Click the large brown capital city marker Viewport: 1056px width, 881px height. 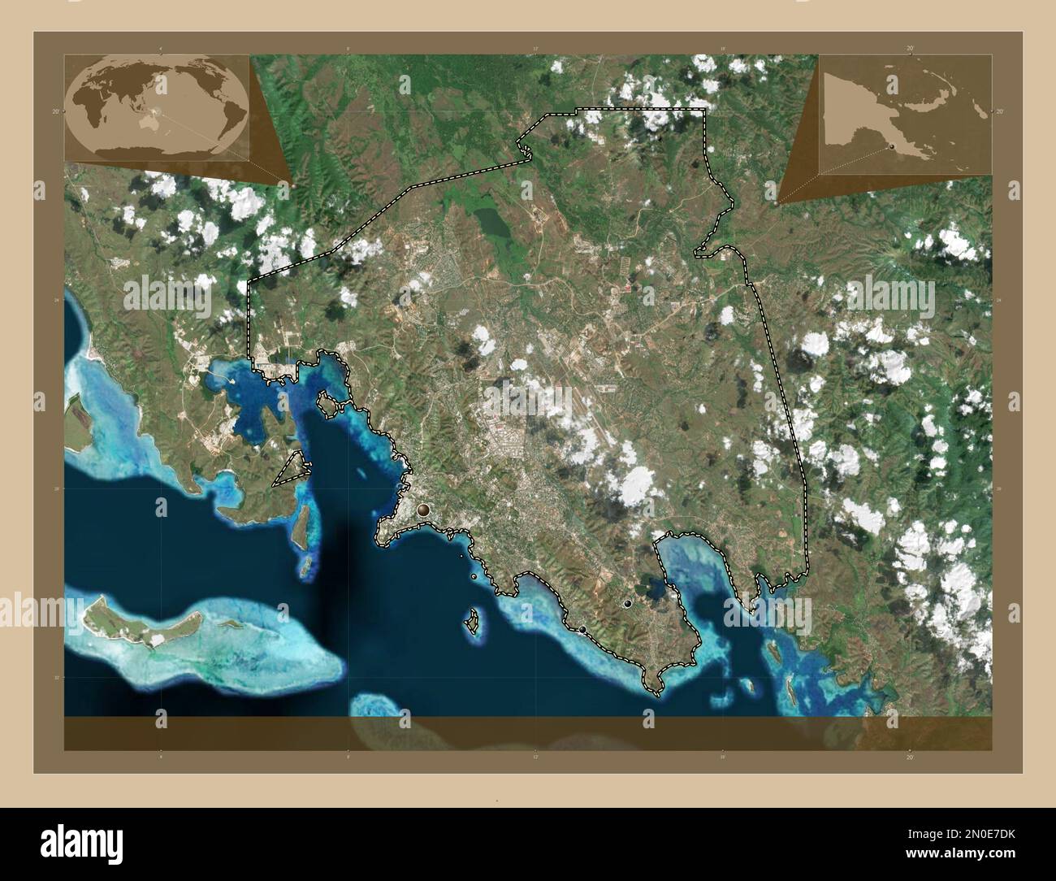423,510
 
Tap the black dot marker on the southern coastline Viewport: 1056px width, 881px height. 582,630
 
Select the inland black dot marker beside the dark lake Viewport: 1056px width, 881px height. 627,604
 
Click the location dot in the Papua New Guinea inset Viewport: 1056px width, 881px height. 890,146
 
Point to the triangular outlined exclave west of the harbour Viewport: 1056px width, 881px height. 292,470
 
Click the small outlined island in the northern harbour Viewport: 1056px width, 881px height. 327,402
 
